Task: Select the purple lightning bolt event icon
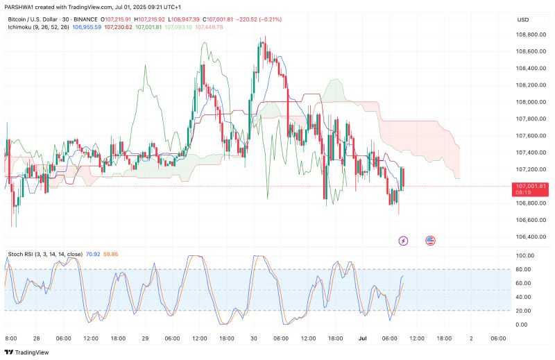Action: point(404,241)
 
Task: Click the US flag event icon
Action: point(429,241)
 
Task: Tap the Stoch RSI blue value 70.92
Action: point(93,254)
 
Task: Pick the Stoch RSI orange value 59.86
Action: point(110,254)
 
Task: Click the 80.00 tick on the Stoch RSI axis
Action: point(524,269)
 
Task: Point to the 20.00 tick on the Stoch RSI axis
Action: point(524,311)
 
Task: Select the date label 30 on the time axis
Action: point(254,338)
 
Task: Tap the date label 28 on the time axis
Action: point(35,338)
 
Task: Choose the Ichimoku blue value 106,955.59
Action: point(87,26)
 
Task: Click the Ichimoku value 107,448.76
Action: point(210,26)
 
